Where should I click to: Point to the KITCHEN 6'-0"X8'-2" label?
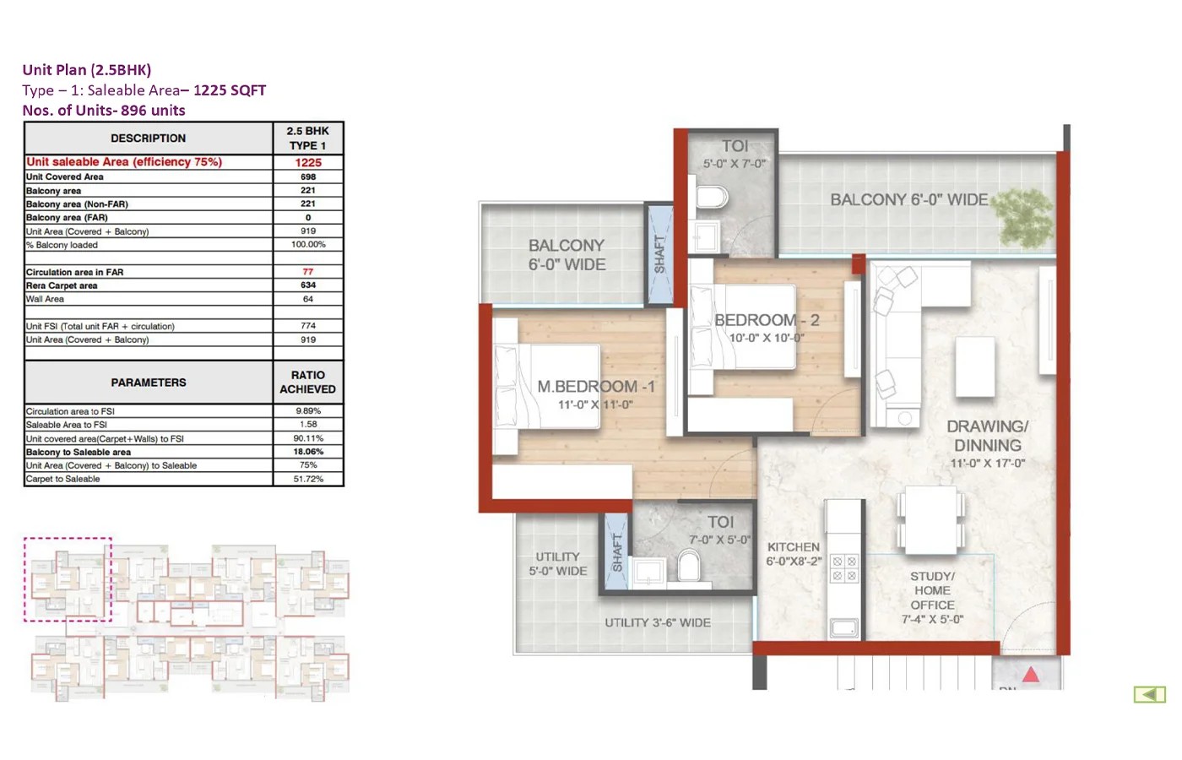794,554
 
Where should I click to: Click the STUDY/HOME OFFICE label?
932,597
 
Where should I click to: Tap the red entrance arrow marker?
1031,674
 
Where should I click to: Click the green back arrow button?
1149,694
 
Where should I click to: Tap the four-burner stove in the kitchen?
843,568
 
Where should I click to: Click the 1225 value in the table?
308,162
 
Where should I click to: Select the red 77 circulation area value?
308,272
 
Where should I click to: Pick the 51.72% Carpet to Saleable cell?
308,479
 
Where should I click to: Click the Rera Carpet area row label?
62,285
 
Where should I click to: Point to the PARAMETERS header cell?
149,383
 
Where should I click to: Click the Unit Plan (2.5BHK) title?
87,70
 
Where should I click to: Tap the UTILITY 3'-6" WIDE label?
657,622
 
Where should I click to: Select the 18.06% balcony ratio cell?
308,452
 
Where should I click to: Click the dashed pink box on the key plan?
68,579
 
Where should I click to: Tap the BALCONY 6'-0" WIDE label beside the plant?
908,200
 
